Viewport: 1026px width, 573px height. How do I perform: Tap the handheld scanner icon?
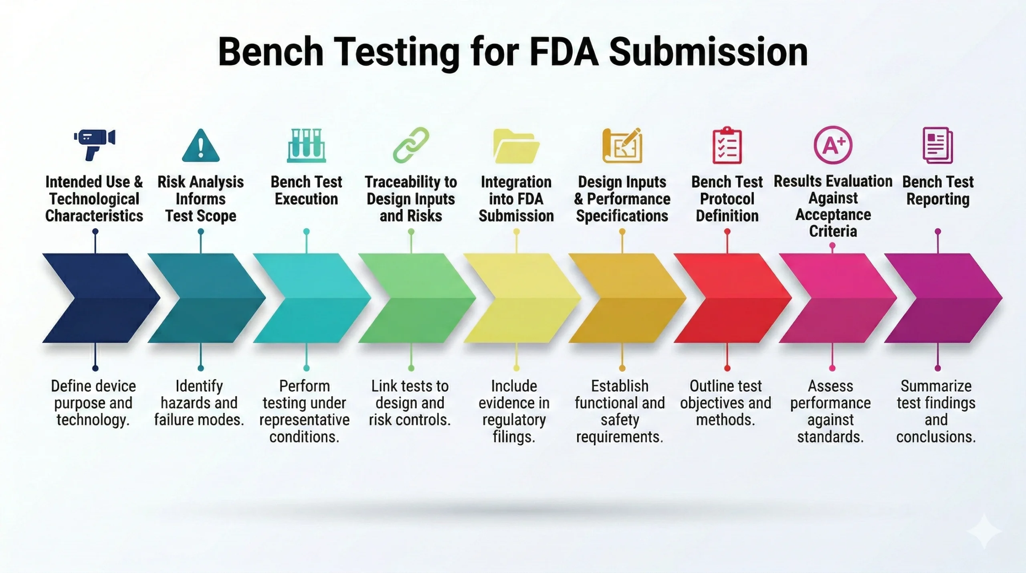pos(95,144)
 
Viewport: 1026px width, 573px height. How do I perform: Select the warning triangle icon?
pos(200,146)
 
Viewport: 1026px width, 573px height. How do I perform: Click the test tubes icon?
pos(306,145)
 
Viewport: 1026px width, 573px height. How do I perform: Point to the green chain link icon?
pos(411,145)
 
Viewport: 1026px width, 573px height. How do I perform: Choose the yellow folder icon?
pos(516,146)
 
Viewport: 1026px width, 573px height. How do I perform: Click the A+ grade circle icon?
pos(833,145)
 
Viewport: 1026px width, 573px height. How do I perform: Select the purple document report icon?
pos(938,145)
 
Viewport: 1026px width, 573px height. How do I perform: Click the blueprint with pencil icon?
pos(622,145)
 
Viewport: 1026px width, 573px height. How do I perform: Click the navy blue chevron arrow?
pos(100,298)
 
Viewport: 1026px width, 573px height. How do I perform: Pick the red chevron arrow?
pos(731,298)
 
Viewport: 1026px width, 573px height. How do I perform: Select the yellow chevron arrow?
pos(521,298)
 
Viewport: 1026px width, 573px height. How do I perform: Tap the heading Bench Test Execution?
pos(306,190)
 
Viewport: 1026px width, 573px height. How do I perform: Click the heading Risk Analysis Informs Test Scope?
pos(200,199)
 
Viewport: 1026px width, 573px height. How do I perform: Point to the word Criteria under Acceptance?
pos(833,231)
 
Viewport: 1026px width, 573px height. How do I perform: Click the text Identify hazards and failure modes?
pos(199,403)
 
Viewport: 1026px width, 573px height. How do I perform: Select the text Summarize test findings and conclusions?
pos(936,411)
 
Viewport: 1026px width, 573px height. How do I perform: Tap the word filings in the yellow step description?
pos(514,437)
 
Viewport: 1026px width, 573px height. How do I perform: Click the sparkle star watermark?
pos(984,531)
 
